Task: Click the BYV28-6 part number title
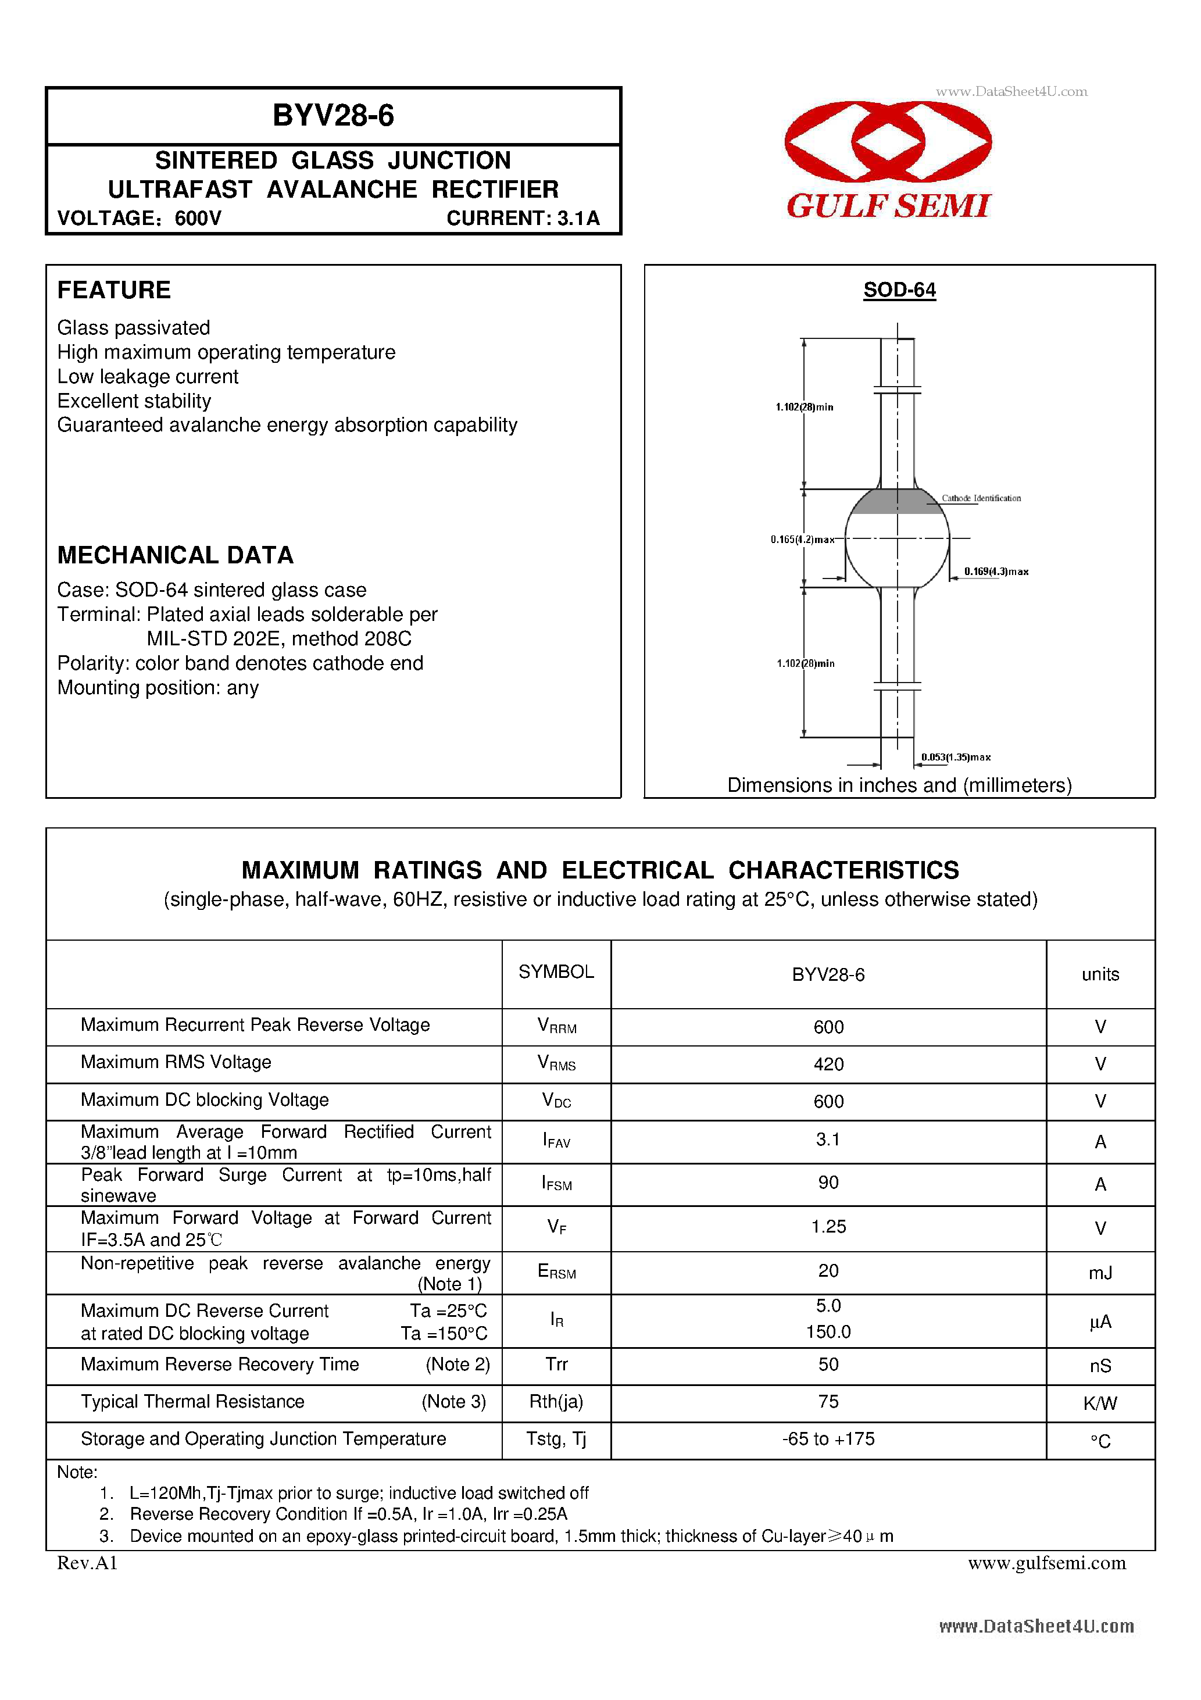pos(333,116)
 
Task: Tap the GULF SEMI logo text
pos(888,206)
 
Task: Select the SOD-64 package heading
pos(899,290)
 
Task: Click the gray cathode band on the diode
pos(896,502)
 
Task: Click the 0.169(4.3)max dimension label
pos(995,572)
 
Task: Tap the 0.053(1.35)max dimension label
pos(955,757)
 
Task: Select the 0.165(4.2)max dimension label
pos(802,540)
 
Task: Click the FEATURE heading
pos(114,290)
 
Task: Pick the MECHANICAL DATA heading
pos(176,555)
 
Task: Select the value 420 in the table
pos(828,1064)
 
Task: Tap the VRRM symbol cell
pos(556,1026)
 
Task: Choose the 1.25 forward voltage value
pos(828,1226)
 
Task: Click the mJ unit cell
pos(1099,1272)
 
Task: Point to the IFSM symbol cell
pos(556,1183)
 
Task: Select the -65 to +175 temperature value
pos(828,1438)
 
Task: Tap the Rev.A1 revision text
pos(87,1562)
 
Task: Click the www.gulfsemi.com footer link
pos(1046,1562)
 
